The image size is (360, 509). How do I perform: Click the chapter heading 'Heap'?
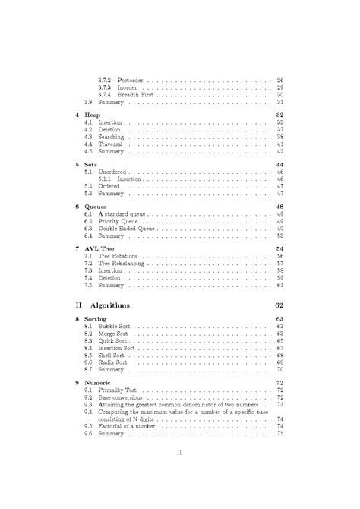93,114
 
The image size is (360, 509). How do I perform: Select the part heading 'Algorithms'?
109,305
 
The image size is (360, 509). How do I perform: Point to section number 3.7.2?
106,80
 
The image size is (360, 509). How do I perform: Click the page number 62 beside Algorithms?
278,305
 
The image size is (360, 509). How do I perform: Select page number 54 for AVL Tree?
279,248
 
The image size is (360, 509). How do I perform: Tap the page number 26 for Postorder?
279,80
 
